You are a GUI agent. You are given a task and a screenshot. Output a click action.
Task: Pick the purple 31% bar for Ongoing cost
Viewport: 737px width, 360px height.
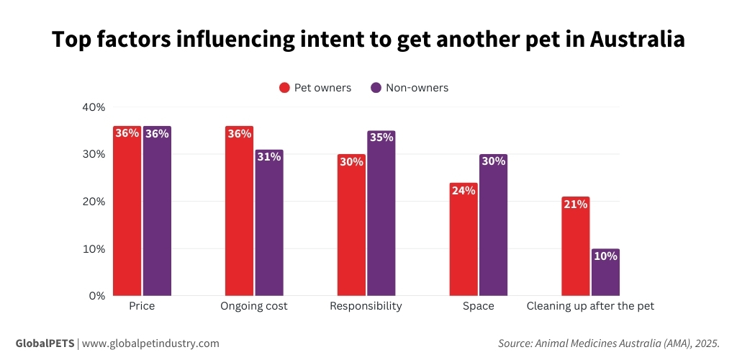[x=269, y=222]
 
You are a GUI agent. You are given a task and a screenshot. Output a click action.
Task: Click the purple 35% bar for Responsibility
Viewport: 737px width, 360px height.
[x=381, y=213]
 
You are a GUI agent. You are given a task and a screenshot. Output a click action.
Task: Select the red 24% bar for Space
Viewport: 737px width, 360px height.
[x=464, y=239]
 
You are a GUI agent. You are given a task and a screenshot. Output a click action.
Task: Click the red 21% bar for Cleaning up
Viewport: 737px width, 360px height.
[x=576, y=246]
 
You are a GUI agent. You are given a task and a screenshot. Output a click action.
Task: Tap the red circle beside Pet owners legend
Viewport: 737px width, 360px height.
[x=284, y=88]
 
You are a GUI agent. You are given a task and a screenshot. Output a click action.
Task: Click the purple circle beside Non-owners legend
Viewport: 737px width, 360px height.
[x=376, y=88]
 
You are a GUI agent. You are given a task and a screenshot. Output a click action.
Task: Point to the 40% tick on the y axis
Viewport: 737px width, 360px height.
[x=94, y=107]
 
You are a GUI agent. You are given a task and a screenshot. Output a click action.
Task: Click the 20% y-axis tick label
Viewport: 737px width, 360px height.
[x=94, y=202]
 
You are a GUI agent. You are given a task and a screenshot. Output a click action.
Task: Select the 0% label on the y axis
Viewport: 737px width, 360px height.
[x=97, y=296]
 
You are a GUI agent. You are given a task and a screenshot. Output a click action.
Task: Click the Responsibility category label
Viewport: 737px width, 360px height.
[x=366, y=306]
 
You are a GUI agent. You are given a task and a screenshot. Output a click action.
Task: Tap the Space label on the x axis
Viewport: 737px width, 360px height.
[x=479, y=306]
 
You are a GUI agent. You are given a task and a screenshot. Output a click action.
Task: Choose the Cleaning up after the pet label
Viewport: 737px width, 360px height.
[x=590, y=306]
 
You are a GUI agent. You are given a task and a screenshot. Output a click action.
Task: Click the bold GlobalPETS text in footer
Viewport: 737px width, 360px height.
[x=45, y=343]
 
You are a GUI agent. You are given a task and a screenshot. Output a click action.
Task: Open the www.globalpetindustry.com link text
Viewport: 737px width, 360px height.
[x=150, y=343]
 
